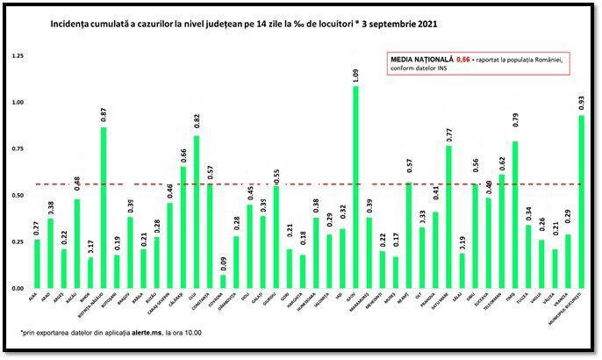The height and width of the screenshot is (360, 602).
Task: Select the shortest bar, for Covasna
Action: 222,282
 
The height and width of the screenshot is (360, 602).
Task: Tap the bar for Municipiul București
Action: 581,202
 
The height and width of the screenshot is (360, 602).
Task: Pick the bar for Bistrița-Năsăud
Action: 103,207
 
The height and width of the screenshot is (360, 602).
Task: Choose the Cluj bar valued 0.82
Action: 196,212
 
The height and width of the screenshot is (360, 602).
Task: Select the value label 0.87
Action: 103,112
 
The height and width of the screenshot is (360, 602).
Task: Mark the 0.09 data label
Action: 222,261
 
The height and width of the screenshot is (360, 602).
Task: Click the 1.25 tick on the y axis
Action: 18,55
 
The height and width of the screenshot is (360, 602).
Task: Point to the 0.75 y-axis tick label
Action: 18,148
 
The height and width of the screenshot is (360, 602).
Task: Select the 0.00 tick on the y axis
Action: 18,288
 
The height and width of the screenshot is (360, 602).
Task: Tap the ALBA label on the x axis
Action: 33,300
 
